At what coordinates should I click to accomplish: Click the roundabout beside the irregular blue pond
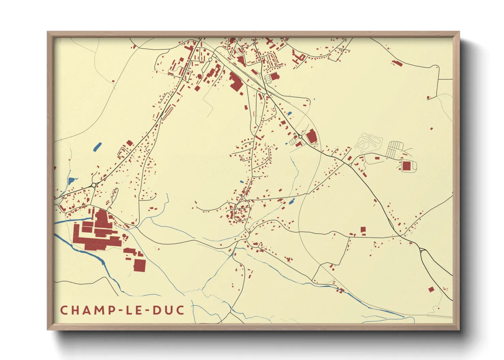(x=93, y=185)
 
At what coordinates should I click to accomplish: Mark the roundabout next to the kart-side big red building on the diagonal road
(x=300, y=136)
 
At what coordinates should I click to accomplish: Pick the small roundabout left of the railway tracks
(x=210, y=60)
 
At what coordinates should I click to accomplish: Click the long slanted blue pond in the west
(x=97, y=147)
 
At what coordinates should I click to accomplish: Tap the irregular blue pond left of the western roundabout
(x=72, y=181)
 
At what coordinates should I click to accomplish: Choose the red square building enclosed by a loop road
(x=407, y=166)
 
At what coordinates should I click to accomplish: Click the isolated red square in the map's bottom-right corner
(x=431, y=290)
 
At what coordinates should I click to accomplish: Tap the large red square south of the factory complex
(x=139, y=265)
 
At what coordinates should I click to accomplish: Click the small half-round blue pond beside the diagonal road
(x=290, y=114)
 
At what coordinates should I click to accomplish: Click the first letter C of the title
(x=64, y=310)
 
